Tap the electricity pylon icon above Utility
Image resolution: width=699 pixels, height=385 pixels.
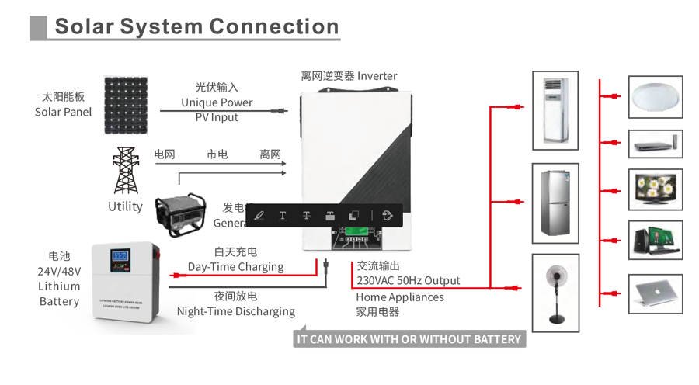(x=125, y=169)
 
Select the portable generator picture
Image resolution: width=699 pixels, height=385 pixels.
(x=180, y=214)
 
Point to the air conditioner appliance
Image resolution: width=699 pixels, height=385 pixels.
(x=555, y=110)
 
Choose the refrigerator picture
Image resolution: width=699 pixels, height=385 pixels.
(x=555, y=203)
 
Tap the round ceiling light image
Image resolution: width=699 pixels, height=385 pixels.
(x=655, y=97)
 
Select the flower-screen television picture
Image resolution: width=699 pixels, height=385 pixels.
(x=655, y=189)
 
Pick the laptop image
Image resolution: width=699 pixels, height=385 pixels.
(x=655, y=293)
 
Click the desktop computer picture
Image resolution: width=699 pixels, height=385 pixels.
(x=655, y=240)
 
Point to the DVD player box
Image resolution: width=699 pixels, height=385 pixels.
(x=655, y=144)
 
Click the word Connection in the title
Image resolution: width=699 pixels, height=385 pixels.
(x=274, y=26)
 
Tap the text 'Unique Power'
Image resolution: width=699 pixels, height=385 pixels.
(x=217, y=102)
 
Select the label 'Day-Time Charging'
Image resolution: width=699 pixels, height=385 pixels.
(x=235, y=267)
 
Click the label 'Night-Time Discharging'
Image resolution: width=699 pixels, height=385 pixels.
(x=235, y=311)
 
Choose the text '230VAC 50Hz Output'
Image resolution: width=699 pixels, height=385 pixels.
(x=408, y=280)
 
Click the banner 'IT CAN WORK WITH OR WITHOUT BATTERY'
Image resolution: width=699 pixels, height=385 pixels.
(x=409, y=339)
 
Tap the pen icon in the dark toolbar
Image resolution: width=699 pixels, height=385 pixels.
(x=259, y=215)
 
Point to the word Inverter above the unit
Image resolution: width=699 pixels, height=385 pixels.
(x=377, y=76)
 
